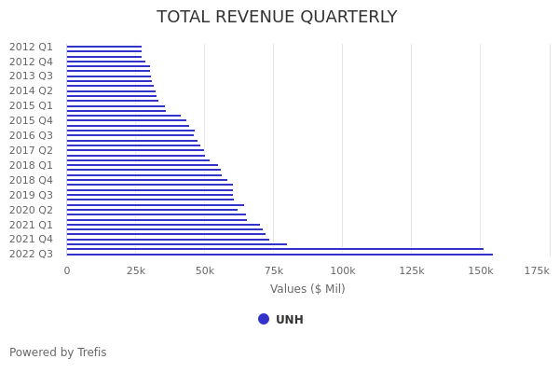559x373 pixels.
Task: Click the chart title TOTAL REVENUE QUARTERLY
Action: tap(277, 17)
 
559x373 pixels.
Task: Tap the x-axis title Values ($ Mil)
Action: tap(307, 289)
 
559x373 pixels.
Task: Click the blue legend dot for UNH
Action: tap(264, 319)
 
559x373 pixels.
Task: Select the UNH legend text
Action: tap(290, 320)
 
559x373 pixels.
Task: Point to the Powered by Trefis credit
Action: tap(58, 352)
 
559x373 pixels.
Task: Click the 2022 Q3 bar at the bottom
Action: tap(279, 254)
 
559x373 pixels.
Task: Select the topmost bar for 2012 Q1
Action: tap(104, 47)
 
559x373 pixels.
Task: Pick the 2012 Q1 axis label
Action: tap(31, 47)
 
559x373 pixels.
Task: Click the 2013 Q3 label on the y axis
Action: tap(31, 76)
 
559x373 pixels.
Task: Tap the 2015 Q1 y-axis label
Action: tap(31, 105)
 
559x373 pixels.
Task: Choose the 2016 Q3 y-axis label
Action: tap(31, 135)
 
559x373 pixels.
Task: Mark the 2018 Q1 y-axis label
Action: tap(31, 165)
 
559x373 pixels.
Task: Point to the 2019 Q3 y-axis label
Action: tap(31, 195)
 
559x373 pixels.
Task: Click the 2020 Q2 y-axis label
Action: tap(31, 210)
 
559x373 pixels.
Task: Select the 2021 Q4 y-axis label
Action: tap(31, 239)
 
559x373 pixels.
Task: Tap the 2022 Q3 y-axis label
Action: tap(31, 254)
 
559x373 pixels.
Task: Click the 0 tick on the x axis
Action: tap(67, 270)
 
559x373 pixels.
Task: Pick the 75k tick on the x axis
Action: tap(274, 270)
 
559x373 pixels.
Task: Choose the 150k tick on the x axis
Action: tap(481, 270)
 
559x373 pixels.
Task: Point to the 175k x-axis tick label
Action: tap(537, 270)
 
